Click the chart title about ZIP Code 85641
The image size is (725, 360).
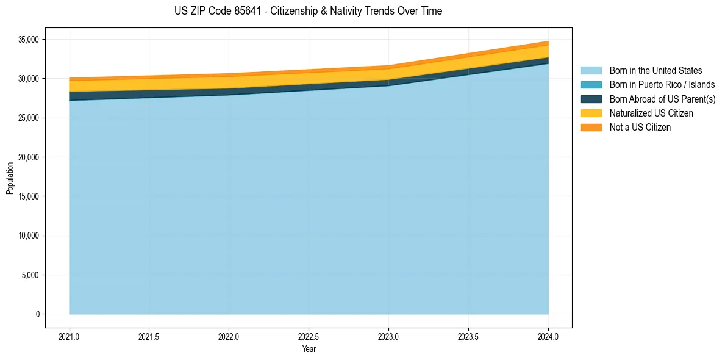click(308, 11)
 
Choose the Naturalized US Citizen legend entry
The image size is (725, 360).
click(651, 113)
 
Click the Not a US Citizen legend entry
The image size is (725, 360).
click(640, 128)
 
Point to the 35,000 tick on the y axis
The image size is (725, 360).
click(28, 40)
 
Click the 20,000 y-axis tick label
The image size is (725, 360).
click(28, 157)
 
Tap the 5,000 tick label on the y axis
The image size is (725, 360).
click(30, 275)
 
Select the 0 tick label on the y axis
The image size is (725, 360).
click(37, 314)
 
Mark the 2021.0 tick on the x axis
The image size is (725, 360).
click(69, 336)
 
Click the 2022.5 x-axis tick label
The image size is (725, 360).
click(309, 336)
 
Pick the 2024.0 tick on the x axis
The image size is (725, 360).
click(548, 336)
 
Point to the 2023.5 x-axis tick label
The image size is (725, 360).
click(468, 336)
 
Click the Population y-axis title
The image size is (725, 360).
click(10, 178)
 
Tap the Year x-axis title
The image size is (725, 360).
click(309, 350)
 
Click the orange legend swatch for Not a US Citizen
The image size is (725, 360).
click(591, 128)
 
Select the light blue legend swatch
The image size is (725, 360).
click(591, 71)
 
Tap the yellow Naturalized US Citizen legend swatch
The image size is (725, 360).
click(591, 113)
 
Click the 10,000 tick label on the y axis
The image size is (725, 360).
click(28, 236)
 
